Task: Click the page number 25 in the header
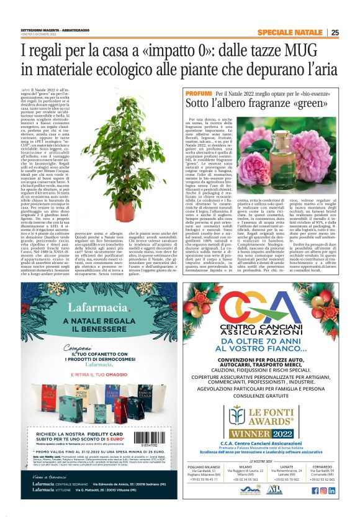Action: [335, 32]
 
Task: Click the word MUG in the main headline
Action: [288, 50]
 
